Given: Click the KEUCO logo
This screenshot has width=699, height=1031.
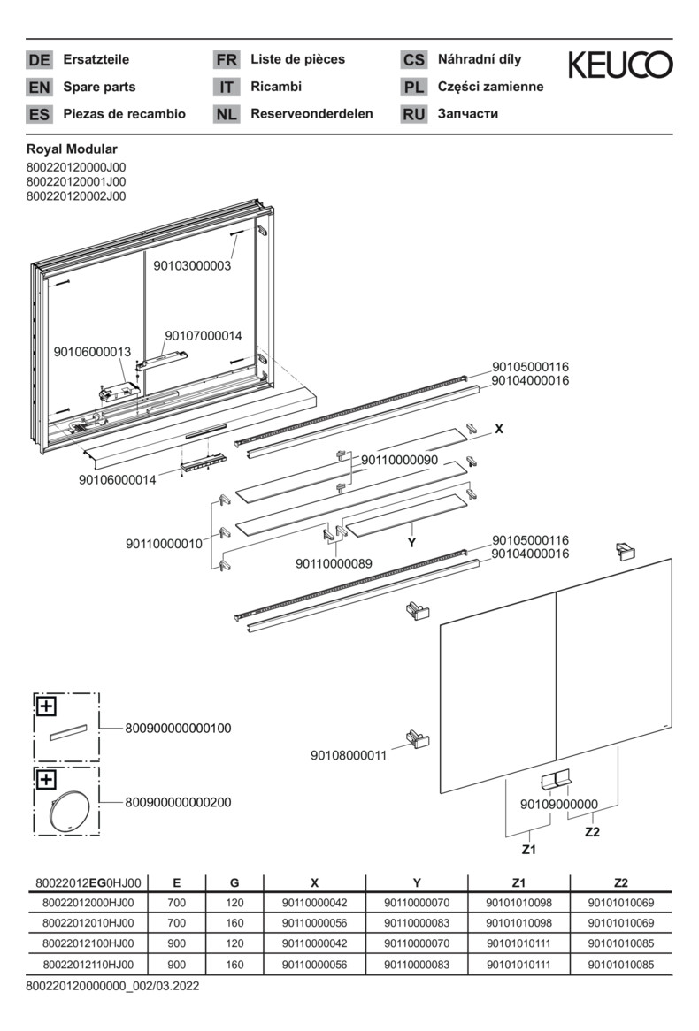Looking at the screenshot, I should click(619, 65).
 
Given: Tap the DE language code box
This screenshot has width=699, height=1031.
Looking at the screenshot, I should click(39, 60).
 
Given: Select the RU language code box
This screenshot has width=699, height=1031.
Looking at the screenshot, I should click(413, 114).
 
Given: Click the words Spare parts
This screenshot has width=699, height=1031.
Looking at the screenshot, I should click(99, 87).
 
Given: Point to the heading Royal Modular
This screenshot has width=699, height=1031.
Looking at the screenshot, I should click(72, 149).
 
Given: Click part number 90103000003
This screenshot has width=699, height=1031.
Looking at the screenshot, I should click(192, 265).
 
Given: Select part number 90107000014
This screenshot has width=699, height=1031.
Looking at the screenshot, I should click(203, 336).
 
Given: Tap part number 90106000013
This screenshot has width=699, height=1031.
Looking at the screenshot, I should click(92, 352).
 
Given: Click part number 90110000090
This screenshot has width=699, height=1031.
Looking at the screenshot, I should click(399, 461).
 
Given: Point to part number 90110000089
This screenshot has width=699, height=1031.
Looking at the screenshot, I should click(334, 563).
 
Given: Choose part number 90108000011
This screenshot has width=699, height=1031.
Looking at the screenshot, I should click(348, 755).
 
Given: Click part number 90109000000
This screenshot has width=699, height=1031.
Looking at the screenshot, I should click(558, 804).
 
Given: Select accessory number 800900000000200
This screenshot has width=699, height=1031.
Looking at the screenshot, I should click(178, 802).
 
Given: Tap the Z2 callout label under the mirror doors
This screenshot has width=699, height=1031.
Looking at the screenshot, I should click(592, 831).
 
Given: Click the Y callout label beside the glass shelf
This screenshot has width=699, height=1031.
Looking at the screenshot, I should click(411, 542).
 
